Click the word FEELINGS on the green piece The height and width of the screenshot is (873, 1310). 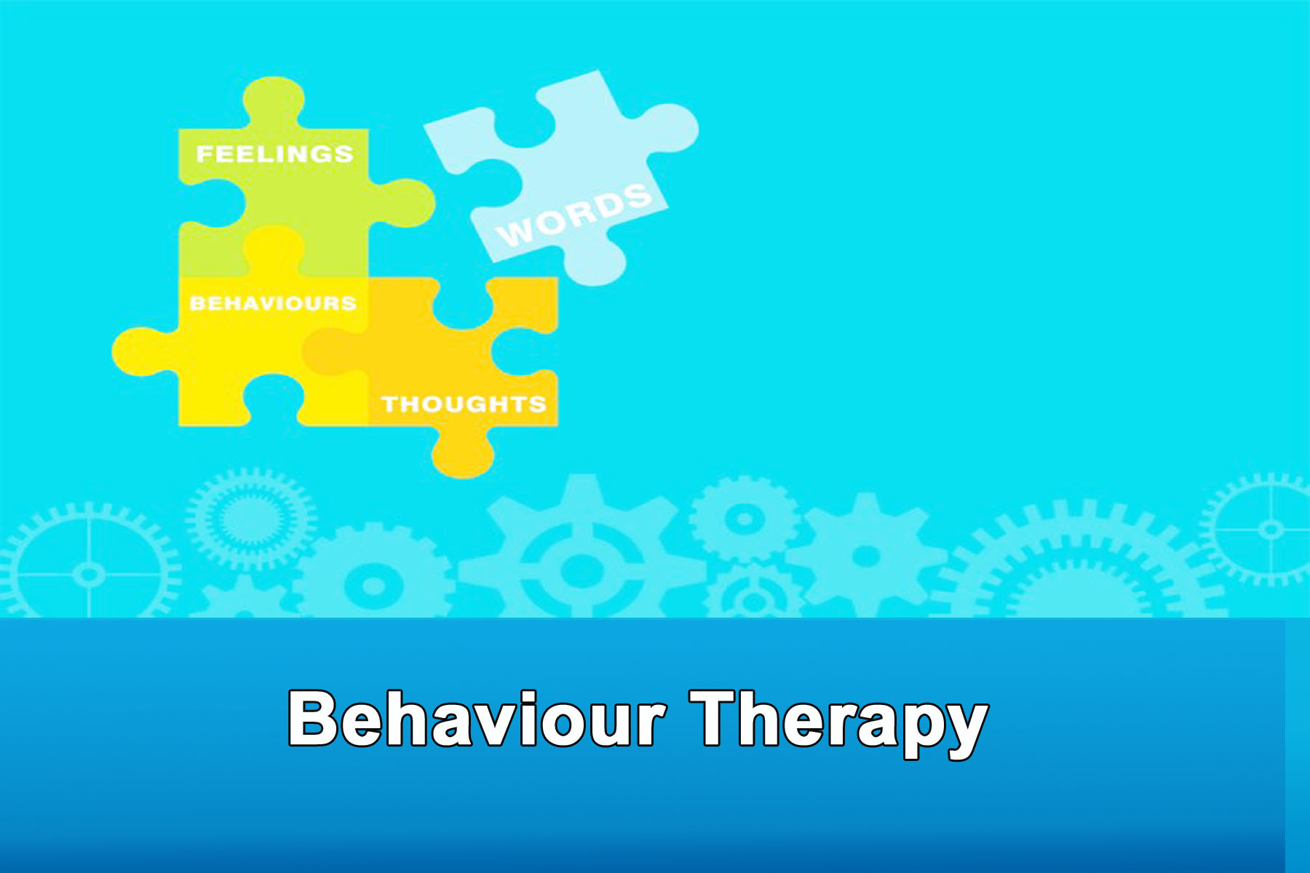(274, 154)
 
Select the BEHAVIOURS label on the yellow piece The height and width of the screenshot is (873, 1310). (273, 303)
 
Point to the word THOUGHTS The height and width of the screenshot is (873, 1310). (464, 404)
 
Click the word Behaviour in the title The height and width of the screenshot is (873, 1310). (477, 719)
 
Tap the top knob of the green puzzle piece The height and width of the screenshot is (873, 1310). (274, 102)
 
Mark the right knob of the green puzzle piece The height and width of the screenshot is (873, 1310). (402, 202)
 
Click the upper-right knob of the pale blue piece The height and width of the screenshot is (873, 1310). (667, 128)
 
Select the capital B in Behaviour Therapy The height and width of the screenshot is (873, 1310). (314, 719)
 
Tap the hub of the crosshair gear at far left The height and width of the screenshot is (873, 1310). (89, 575)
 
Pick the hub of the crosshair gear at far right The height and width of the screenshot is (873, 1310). (1271, 529)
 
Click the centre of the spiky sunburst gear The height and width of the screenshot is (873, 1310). (250, 519)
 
